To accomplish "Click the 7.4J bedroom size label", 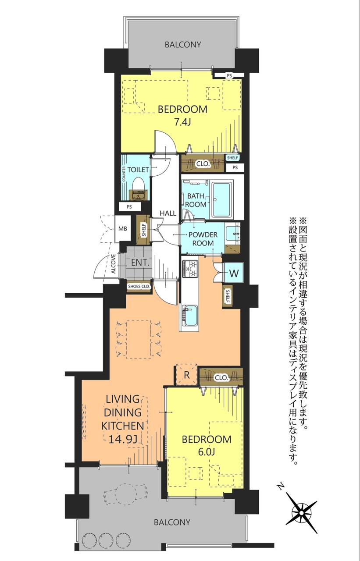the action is (x=182, y=122).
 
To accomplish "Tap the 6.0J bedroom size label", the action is (x=207, y=452).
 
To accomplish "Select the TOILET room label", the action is (x=138, y=170).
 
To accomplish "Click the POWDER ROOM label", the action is (x=203, y=239).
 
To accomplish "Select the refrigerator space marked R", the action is (x=187, y=375).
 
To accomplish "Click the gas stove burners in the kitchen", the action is (x=190, y=269).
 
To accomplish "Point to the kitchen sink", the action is (x=190, y=316).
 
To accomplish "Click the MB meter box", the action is (x=122, y=229).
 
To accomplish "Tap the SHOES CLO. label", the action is (x=139, y=286).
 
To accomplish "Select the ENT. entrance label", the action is (x=140, y=263).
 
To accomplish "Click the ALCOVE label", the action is (x=114, y=264).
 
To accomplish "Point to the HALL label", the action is (x=168, y=213).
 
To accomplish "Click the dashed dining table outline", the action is (x=139, y=339).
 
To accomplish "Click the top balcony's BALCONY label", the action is (x=183, y=45).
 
